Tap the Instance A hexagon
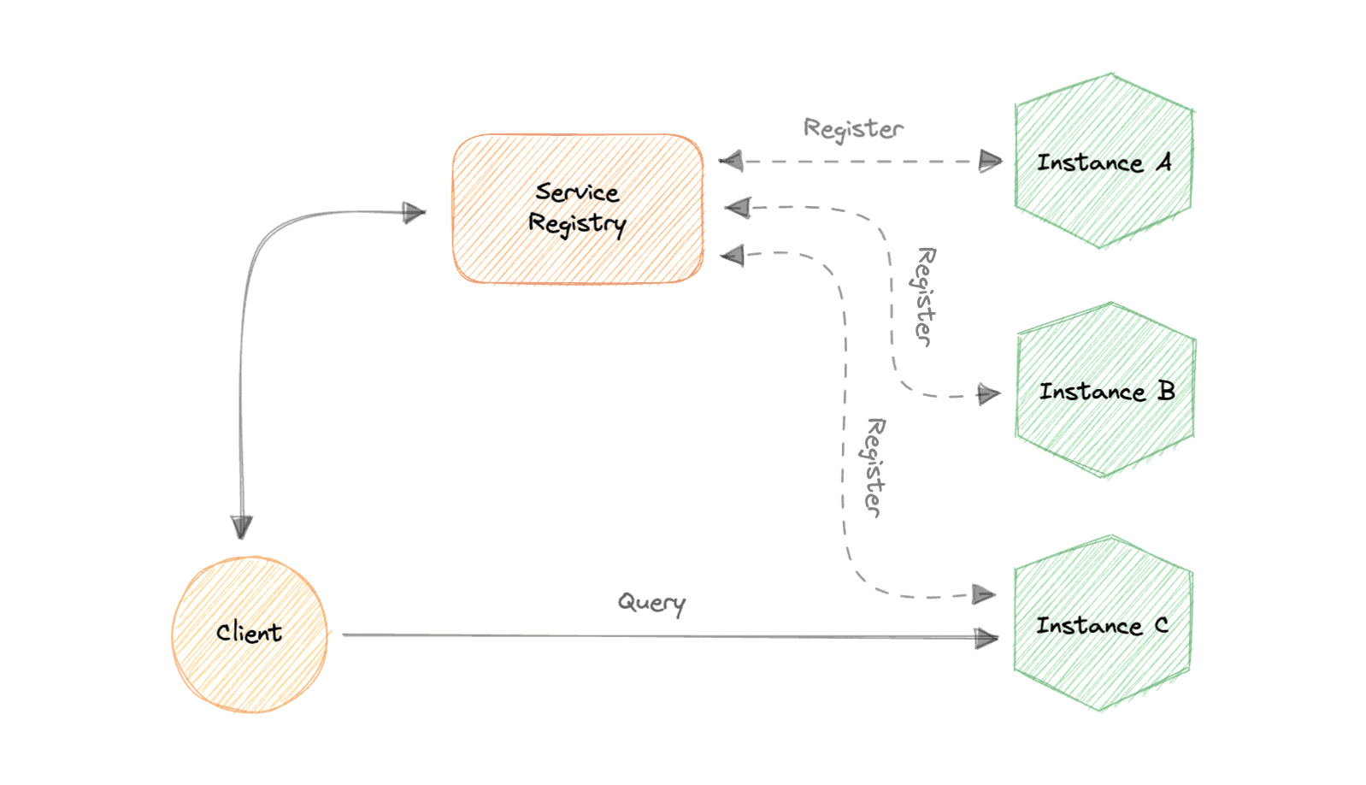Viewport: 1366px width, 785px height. click(1103, 205)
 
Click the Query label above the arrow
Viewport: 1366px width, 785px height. click(651, 603)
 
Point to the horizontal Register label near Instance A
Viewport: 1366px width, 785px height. click(853, 129)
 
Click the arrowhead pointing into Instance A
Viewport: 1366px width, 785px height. click(990, 161)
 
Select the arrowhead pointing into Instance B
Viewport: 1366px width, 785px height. click(988, 393)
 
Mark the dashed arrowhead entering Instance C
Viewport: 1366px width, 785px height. click(984, 594)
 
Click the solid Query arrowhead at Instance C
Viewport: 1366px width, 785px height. click(986, 638)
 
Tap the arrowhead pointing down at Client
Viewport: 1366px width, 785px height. click(242, 526)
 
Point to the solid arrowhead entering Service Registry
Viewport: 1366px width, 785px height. click(414, 212)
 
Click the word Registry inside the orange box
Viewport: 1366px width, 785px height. click(577, 224)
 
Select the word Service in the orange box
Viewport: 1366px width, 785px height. click(577, 192)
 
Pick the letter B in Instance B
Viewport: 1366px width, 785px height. click(1166, 391)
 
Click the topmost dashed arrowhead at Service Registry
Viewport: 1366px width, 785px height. click(731, 161)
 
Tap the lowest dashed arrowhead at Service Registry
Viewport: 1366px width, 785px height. click(733, 255)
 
